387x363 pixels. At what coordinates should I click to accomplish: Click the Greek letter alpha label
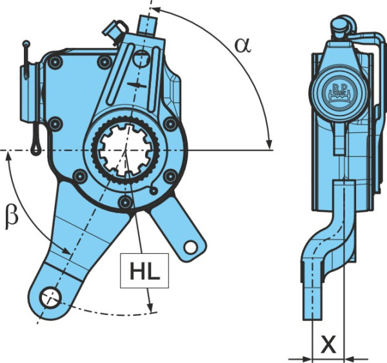tap(243, 45)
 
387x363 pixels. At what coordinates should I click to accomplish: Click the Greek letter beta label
tap(12, 218)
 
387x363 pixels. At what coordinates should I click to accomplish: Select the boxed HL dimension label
tap(144, 271)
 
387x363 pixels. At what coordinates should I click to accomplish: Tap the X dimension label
tap(328, 344)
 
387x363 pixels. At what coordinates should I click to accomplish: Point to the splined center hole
tap(126, 150)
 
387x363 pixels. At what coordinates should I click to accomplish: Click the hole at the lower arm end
tap(50, 298)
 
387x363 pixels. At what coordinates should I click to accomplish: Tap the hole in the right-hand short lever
tap(190, 247)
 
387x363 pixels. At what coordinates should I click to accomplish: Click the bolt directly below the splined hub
tap(125, 202)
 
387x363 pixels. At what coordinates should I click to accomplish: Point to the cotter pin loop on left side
tap(35, 149)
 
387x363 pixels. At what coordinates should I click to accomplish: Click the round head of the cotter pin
tap(26, 44)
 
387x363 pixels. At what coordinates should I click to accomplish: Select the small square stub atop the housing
tap(147, 25)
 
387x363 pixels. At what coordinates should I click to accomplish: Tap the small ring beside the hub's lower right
tap(154, 191)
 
